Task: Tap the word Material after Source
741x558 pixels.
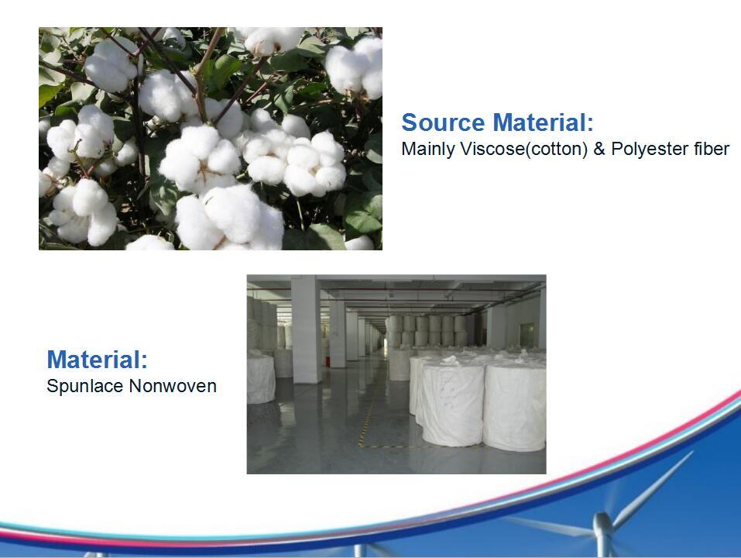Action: (x=543, y=123)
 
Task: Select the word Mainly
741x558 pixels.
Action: (x=427, y=149)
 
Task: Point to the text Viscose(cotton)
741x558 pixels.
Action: (x=522, y=149)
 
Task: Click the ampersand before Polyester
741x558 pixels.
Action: (x=599, y=149)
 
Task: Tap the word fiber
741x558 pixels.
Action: (x=710, y=149)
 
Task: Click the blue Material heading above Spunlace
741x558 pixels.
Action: (x=97, y=360)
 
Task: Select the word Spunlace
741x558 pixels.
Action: (x=85, y=386)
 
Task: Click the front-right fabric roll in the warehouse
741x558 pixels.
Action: (x=513, y=407)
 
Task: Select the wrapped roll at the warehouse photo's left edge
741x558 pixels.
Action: (x=260, y=378)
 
